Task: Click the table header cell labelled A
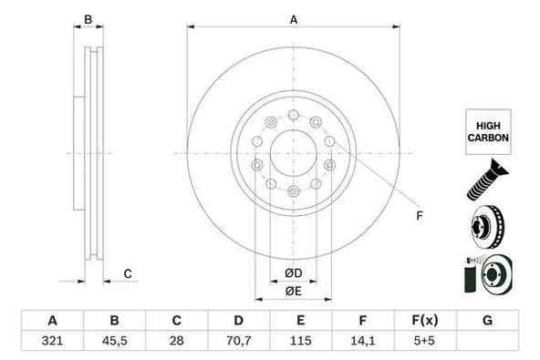[52, 320]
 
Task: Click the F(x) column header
[425, 320]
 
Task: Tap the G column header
[487, 320]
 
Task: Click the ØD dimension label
[293, 273]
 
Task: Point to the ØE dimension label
[293, 291]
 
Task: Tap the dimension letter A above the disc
[293, 19]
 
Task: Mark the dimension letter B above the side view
[88, 19]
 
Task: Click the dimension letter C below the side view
[128, 273]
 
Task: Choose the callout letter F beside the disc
[419, 215]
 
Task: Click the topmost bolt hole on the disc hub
[293, 115]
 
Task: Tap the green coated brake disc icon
[487, 275]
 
